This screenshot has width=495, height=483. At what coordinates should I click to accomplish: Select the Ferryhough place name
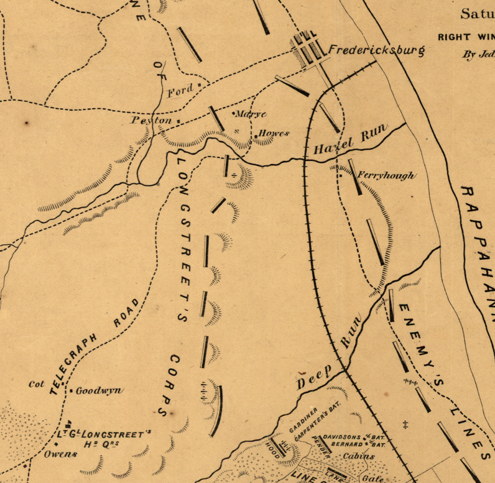pos(386,176)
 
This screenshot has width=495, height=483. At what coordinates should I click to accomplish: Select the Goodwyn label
pos(99,390)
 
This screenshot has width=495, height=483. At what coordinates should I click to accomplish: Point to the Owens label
pos(60,453)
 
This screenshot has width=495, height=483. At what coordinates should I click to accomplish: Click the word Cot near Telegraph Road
pos(37,384)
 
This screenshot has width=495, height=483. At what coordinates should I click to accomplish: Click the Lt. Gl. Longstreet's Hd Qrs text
pos(104,438)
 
